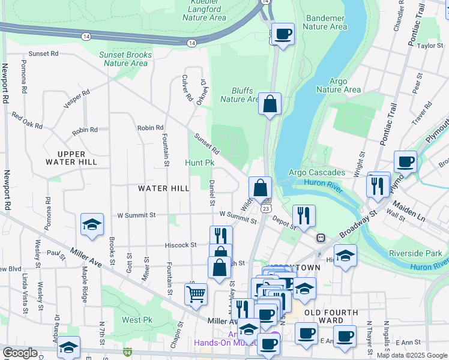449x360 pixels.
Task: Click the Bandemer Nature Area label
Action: [x=325, y=22]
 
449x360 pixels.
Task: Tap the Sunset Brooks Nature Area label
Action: [x=125, y=59]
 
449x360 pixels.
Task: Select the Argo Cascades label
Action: [x=316, y=173]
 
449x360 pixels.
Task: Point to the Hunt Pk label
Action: [x=200, y=163]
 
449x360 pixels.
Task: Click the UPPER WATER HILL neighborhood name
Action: [x=71, y=158]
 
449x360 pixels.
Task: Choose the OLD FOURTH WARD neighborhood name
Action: [x=331, y=317]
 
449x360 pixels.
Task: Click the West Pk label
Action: [x=133, y=320]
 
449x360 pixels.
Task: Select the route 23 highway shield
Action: [x=265, y=208]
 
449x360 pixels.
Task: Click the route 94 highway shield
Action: [x=127, y=352]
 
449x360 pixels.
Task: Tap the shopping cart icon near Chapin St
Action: [x=196, y=295]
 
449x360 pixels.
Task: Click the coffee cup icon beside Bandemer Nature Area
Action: [x=282, y=34]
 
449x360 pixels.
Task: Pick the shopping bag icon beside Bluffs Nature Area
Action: [x=270, y=103]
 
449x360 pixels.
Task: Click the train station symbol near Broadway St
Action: [x=321, y=238]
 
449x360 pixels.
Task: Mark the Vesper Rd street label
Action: [x=77, y=99]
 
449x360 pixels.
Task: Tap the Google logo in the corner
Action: [x=20, y=353]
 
